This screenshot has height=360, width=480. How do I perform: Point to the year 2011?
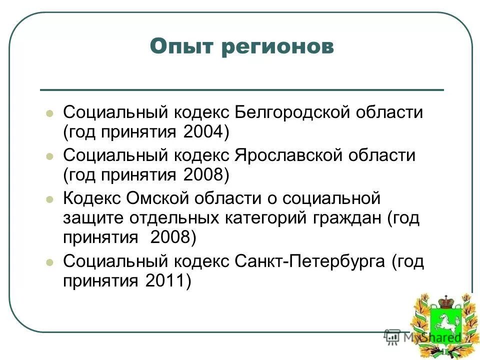[164, 281]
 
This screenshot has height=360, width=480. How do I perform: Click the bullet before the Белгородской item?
[49, 113]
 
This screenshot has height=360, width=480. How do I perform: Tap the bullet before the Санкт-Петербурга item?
[49, 262]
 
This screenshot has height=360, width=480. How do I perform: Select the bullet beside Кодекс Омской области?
[49, 199]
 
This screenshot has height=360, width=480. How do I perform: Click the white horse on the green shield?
[443, 328]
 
